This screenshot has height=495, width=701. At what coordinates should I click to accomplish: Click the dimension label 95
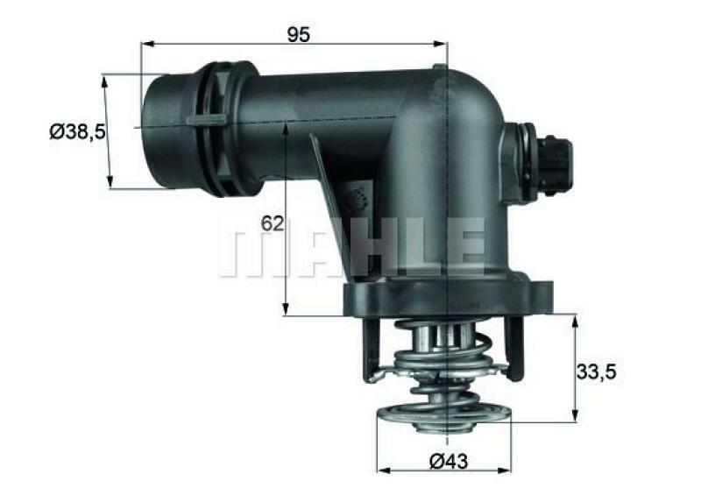tap(299, 34)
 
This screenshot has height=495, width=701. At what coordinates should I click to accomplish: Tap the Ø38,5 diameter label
tap(77, 131)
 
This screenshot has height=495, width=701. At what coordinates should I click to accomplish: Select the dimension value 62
tap(273, 223)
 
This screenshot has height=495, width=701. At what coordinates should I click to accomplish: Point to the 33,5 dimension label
tap(596, 371)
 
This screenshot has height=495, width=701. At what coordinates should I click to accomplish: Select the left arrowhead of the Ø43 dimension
tap(381, 469)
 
